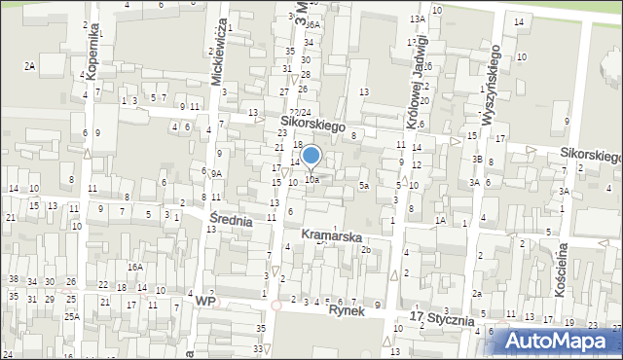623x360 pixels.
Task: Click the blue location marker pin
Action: (x=311, y=156)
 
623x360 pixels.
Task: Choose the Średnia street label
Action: (x=232, y=221)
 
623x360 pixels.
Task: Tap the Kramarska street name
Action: (x=332, y=236)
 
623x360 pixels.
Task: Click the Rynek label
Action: (x=346, y=310)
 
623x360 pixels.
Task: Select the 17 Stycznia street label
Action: (x=443, y=319)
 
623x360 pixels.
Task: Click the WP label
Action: (x=204, y=303)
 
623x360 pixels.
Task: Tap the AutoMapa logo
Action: (x=563, y=340)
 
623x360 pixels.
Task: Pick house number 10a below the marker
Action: (x=311, y=179)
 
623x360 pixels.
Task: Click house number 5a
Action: (x=364, y=185)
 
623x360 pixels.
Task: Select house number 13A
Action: (x=418, y=18)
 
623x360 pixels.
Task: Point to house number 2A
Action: (x=30, y=65)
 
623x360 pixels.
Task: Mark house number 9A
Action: (x=217, y=173)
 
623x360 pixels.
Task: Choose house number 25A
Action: (x=72, y=316)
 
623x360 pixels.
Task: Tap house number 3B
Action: (x=477, y=159)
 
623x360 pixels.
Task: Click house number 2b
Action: (x=366, y=250)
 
